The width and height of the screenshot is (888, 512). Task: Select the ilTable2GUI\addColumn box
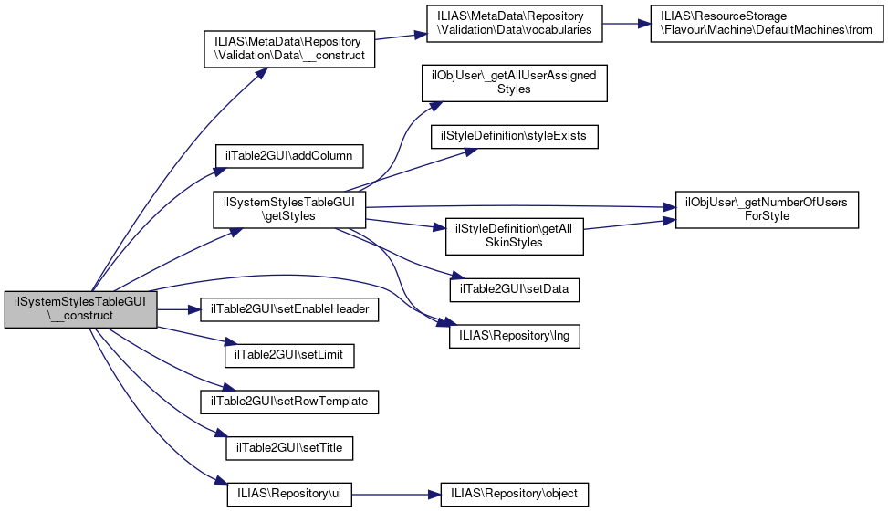click(288, 155)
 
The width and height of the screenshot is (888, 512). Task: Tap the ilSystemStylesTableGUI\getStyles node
click(288, 209)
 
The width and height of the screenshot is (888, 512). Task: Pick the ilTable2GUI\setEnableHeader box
click(290, 309)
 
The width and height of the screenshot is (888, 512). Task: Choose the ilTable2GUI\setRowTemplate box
click(290, 401)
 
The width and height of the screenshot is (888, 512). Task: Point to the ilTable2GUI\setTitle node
click(289, 448)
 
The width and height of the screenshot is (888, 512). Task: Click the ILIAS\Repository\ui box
click(289, 494)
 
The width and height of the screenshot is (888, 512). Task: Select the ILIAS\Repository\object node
click(515, 494)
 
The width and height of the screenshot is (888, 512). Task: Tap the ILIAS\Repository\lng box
click(515, 335)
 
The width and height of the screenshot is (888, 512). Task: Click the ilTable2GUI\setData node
click(515, 288)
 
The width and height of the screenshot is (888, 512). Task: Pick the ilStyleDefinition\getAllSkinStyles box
click(513, 235)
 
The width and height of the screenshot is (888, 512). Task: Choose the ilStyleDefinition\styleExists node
click(515, 136)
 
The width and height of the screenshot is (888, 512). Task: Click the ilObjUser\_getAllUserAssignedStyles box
click(514, 82)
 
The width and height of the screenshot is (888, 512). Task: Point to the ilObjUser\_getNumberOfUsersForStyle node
click(766, 209)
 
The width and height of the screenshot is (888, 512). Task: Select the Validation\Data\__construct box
click(288, 48)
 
